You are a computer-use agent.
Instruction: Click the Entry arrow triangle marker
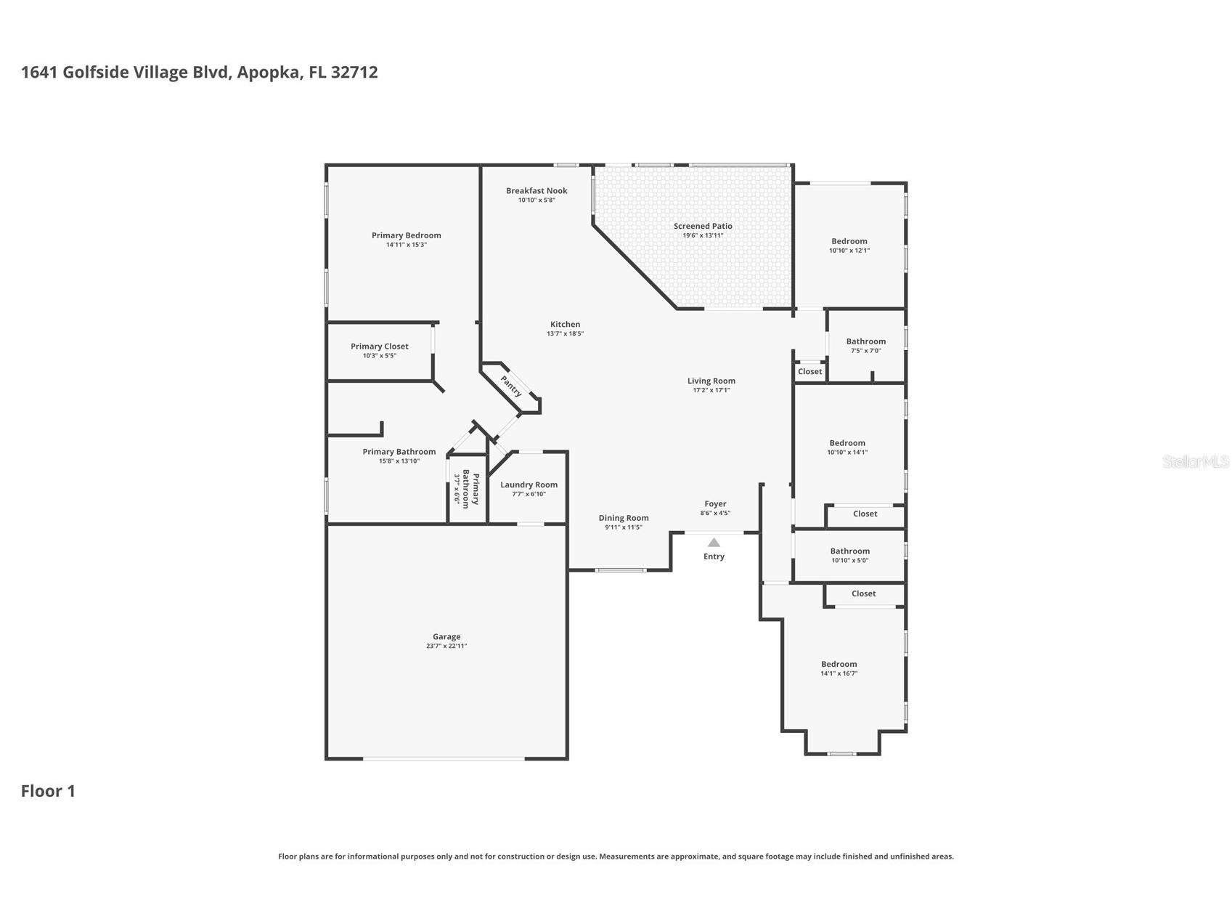tap(714, 542)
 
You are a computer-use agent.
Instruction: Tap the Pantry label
tap(511, 386)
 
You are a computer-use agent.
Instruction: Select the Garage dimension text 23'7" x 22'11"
tap(446, 646)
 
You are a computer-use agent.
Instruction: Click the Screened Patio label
tap(703, 226)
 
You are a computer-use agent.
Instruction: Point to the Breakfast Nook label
tap(537, 191)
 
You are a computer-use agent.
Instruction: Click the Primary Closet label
tap(380, 346)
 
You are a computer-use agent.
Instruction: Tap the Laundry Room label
tap(529, 485)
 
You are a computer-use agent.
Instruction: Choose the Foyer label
tap(715, 503)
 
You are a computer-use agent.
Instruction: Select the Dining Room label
tap(624, 518)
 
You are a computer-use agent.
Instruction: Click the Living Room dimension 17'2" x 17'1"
tap(711, 390)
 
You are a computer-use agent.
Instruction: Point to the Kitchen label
tap(565, 325)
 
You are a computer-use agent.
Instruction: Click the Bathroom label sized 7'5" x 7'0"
tap(866, 341)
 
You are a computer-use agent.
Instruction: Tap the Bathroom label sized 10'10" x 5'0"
tap(850, 551)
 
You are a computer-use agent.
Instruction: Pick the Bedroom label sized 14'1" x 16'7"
tap(839, 664)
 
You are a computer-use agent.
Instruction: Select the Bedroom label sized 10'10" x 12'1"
tap(849, 241)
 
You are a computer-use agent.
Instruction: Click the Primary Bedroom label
tap(407, 235)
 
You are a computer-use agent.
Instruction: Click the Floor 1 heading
tap(48, 791)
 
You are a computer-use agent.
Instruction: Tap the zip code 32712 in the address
tap(354, 72)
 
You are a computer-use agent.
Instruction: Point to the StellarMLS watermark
tap(1195, 462)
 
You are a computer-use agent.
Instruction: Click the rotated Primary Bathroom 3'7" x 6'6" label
tap(466, 489)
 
